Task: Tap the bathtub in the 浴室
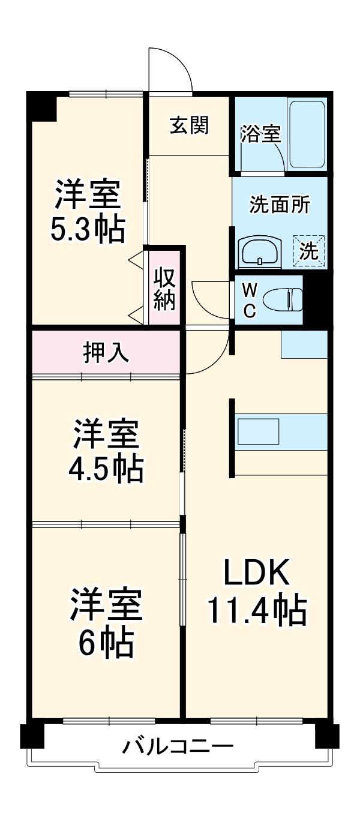coord(307,135)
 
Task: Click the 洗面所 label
coord(280,205)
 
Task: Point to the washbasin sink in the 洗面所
coord(260,251)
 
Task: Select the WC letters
coord(250,300)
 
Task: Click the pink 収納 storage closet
coord(164,289)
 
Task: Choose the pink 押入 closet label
coord(106,353)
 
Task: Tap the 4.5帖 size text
coord(106,469)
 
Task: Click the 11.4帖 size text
coord(257,611)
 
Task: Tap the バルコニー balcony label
coord(178,748)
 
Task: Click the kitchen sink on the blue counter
coord(258,430)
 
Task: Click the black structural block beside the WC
coord(316,300)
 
